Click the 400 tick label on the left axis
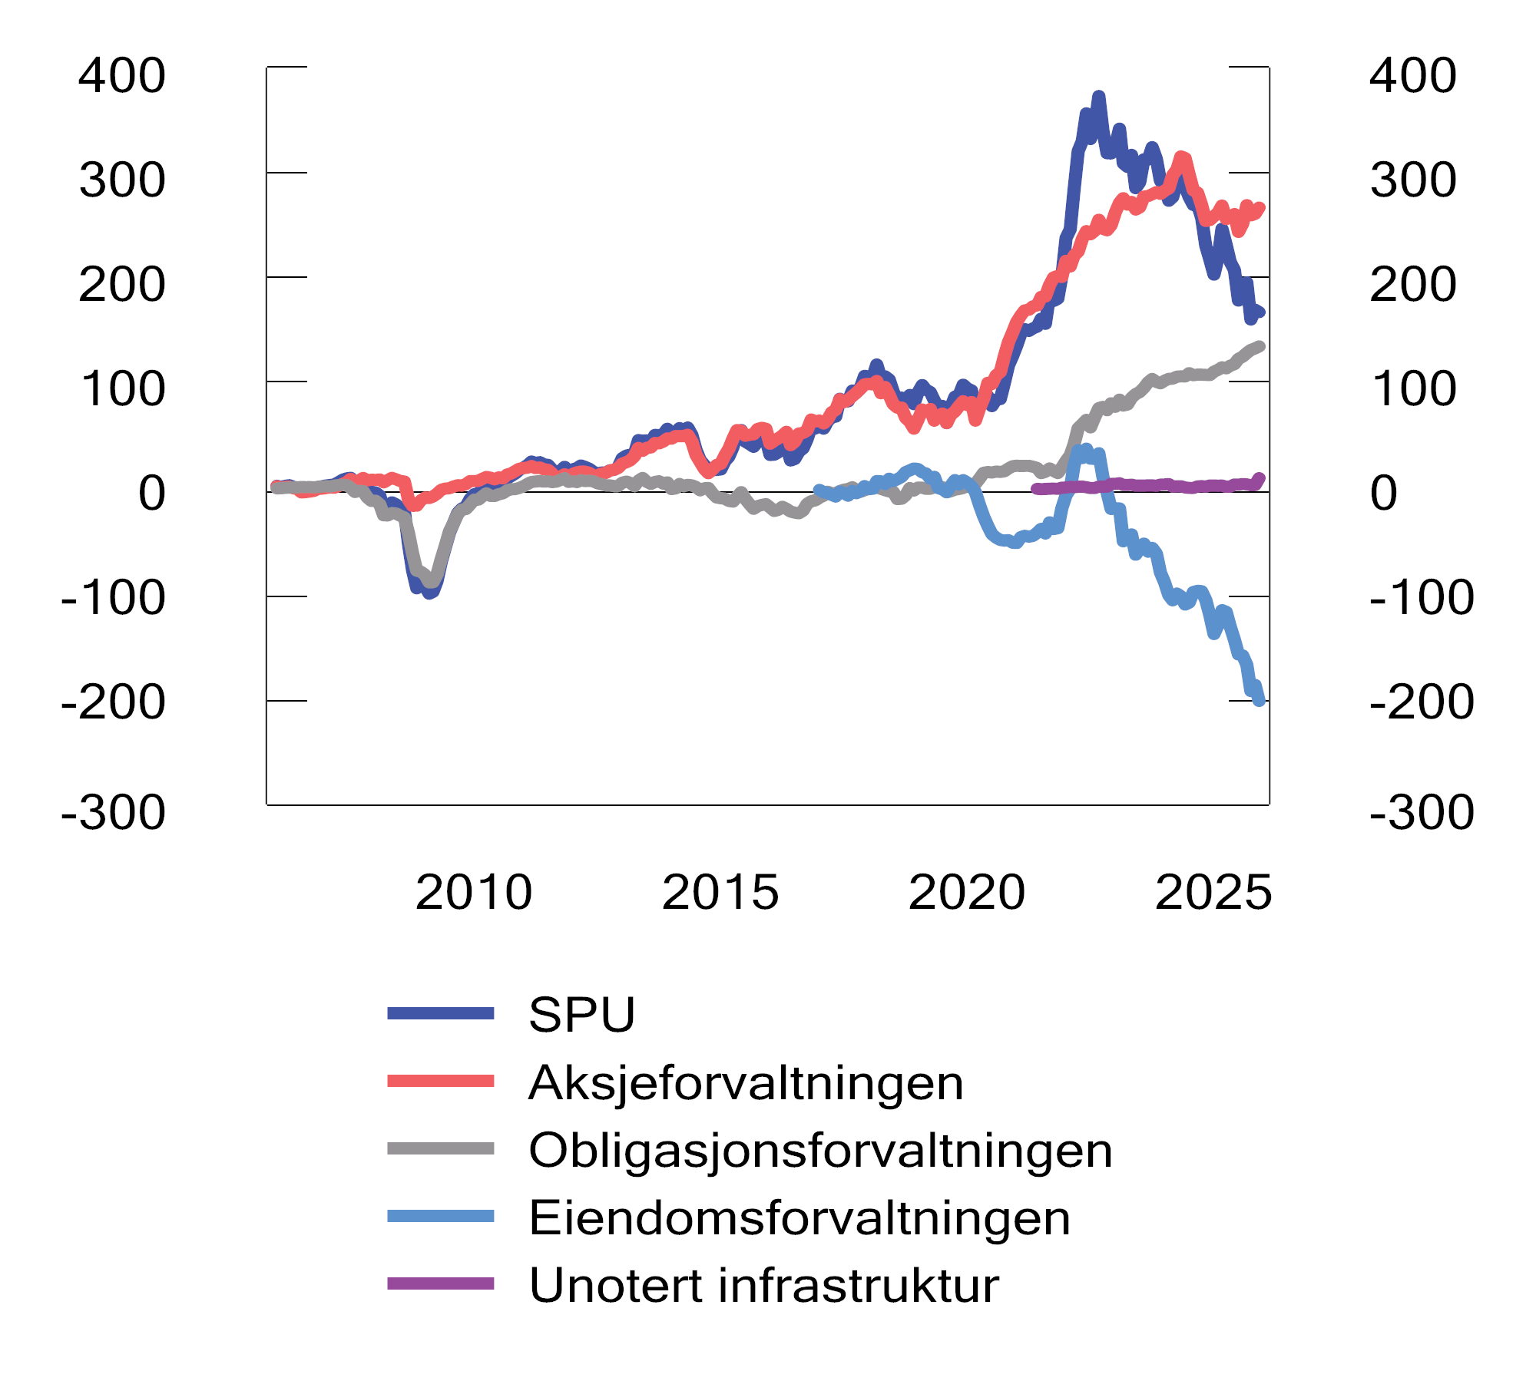point(122,76)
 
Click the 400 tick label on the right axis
point(1412,76)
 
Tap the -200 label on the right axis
point(1422,702)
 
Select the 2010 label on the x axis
point(473,892)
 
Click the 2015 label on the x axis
point(720,892)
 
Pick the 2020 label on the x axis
point(966,892)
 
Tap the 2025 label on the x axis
point(1213,892)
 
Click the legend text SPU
point(581,1015)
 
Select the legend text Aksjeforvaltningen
point(745,1083)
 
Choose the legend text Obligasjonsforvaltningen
point(819,1151)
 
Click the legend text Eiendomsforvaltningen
point(799,1218)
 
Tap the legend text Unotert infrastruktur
point(763,1286)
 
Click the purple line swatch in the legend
point(440,1284)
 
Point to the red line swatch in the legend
point(440,1081)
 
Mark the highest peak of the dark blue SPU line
point(1099,97)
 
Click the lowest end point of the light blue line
point(1260,700)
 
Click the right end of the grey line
point(1260,346)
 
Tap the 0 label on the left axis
point(151,493)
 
